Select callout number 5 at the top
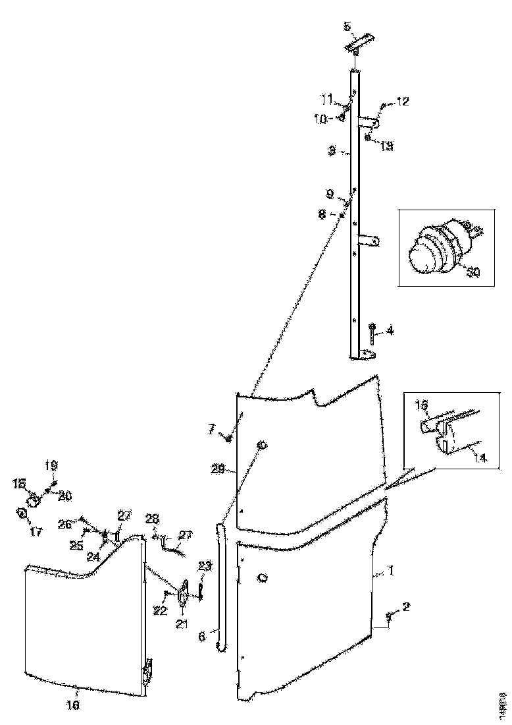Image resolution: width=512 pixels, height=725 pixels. (347, 26)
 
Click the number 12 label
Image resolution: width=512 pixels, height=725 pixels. (402, 101)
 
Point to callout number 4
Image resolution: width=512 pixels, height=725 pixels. (390, 331)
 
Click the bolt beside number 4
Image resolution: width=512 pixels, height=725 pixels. (372, 333)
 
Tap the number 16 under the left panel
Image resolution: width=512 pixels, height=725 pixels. (74, 705)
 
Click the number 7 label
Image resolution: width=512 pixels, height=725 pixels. (211, 430)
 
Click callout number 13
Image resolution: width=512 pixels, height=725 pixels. (386, 146)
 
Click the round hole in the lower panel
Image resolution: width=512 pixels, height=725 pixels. (263, 578)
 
